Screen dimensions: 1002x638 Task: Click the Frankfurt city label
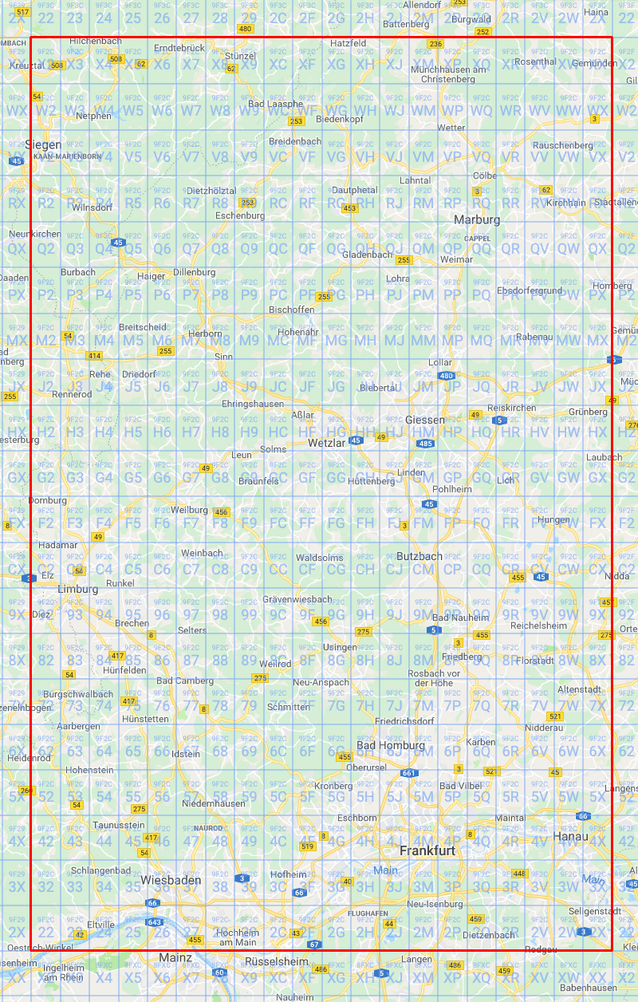pos(427,850)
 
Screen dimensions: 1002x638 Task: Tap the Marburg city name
pos(477,219)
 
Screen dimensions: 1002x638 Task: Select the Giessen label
pos(425,420)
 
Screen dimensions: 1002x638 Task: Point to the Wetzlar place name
pos(326,443)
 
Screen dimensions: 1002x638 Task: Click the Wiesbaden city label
pos(168,880)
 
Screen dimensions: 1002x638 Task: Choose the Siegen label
pos(42,144)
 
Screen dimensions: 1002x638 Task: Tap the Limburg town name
pos(78,589)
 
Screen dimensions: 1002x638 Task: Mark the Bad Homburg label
pos(391,745)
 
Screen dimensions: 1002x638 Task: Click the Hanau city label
pos(571,836)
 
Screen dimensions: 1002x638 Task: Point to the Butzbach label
pos(419,556)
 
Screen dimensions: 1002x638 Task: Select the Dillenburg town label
pos(195,272)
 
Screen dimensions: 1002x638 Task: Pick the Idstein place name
pos(187,754)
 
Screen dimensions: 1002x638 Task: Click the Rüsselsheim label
pos(276,961)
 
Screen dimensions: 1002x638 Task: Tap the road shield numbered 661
pos(409,773)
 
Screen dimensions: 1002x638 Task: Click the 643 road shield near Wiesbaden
pos(155,922)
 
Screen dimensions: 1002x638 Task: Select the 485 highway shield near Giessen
pos(426,444)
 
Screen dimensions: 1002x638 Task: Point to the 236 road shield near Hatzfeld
pos(435,44)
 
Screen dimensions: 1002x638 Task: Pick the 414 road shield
pos(95,355)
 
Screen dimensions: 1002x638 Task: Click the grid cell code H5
pos(133,432)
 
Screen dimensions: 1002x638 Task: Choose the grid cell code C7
pos(191,569)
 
